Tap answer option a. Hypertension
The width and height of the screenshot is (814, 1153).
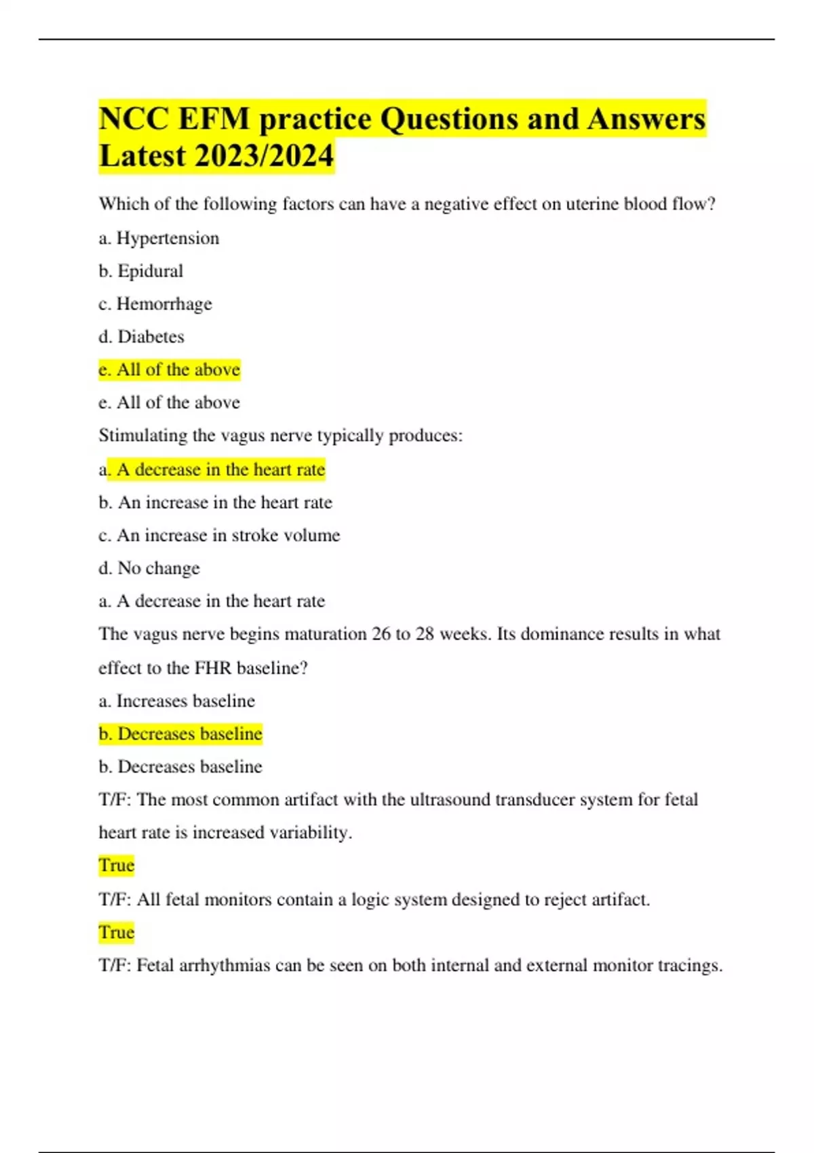tap(159, 238)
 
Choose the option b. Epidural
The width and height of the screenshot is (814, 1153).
tap(141, 271)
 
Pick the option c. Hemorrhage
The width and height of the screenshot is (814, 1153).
tap(155, 304)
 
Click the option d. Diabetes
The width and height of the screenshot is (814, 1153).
tap(141, 336)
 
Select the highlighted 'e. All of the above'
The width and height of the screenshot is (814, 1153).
tap(170, 370)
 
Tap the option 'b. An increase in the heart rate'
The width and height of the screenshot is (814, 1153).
tap(215, 503)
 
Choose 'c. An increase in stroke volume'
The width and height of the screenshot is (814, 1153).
tap(219, 535)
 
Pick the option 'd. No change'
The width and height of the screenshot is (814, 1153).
tap(149, 568)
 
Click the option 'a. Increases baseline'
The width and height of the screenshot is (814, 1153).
tap(176, 701)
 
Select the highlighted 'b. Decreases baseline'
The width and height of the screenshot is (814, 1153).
tap(180, 734)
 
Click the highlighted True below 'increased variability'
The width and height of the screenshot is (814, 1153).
tap(117, 865)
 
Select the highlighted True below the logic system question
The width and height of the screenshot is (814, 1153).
tap(117, 933)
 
